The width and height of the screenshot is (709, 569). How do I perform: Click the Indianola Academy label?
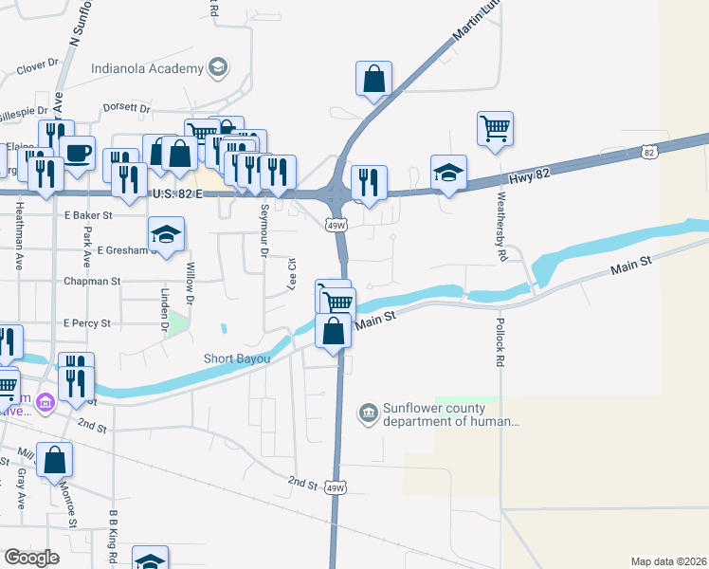(x=147, y=68)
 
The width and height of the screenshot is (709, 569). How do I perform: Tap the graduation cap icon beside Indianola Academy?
(x=218, y=67)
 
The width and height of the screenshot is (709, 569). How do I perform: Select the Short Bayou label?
(x=237, y=358)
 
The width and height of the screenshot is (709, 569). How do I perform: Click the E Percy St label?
(x=87, y=323)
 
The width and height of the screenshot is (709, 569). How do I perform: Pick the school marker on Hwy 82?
(x=448, y=172)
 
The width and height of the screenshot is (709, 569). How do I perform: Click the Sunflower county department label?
(x=438, y=415)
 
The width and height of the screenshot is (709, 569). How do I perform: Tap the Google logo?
(x=31, y=558)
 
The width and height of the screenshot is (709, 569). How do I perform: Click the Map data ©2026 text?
(x=669, y=561)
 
